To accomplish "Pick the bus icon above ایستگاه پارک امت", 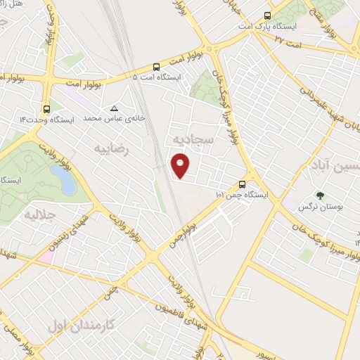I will point(267,15).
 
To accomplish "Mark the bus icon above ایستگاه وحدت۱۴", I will point(46,108).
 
